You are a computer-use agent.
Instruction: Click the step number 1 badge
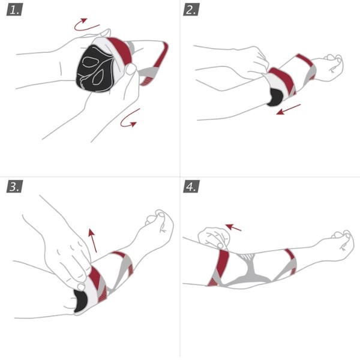14,10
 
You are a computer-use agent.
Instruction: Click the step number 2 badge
191,10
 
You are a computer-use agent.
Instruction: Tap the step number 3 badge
14,187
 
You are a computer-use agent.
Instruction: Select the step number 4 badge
191,187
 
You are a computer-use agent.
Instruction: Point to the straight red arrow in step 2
289,109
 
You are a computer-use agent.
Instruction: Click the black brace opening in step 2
275,97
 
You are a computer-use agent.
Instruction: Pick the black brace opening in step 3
80,301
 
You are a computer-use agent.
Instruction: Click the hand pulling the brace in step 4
214,238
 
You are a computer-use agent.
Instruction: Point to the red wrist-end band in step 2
304,60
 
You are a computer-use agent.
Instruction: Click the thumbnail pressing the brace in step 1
131,68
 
